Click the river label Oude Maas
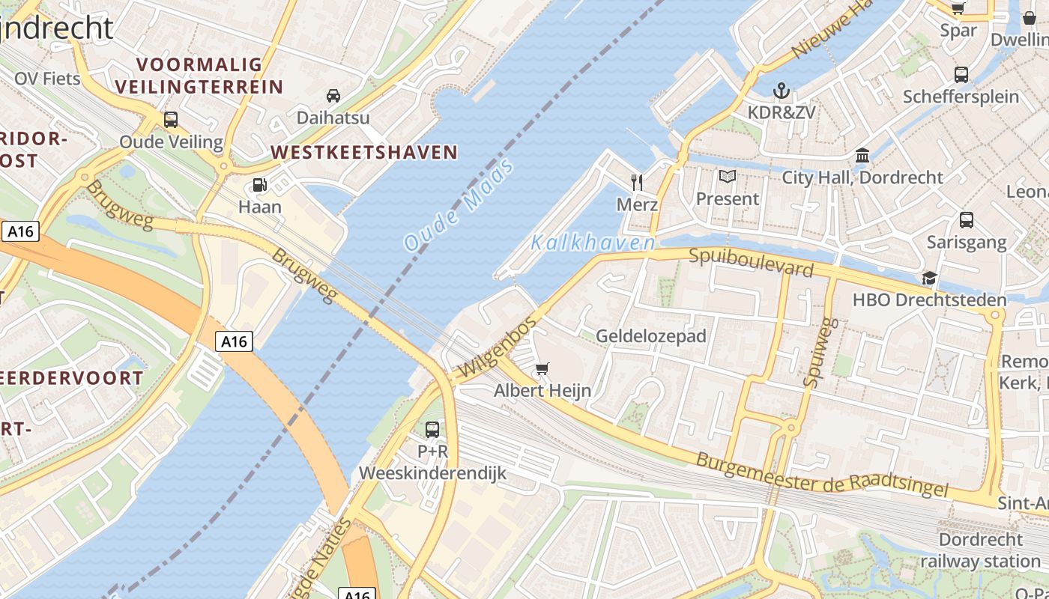(x=459, y=204)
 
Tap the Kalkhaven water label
(x=593, y=243)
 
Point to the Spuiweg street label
(x=820, y=352)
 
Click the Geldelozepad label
(x=651, y=336)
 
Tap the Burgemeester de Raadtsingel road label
(x=822, y=472)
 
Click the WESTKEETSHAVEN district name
(x=364, y=153)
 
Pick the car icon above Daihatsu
(x=333, y=96)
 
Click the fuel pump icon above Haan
(x=260, y=184)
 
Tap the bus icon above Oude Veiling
(x=171, y=120)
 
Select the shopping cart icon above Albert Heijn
(x=542, y=368)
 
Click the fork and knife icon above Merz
(x=637, y=182)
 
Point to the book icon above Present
(x=728, y=177)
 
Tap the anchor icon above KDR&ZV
(x=782, y=91)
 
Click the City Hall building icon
(x=862, y=156)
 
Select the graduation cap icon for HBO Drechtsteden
(x=929, y=278)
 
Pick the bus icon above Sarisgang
(x=967, y=220)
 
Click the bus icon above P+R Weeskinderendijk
(x=432, y=430)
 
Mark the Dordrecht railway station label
(x=980, y=550)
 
